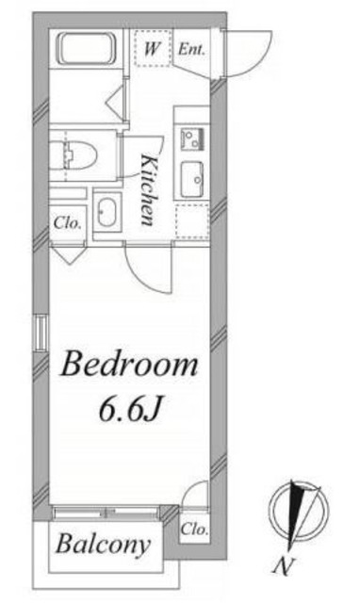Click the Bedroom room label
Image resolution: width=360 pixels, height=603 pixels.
coord(129,365)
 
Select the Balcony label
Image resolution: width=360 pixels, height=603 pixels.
coord(104,545)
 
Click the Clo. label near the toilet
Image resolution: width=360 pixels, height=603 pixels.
coord(66,224)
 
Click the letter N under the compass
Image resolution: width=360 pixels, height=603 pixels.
coord(282,567)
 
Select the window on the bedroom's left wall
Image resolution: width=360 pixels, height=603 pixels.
coord(41,334)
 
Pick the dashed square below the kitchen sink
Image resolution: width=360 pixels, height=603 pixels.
coord(192,220)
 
